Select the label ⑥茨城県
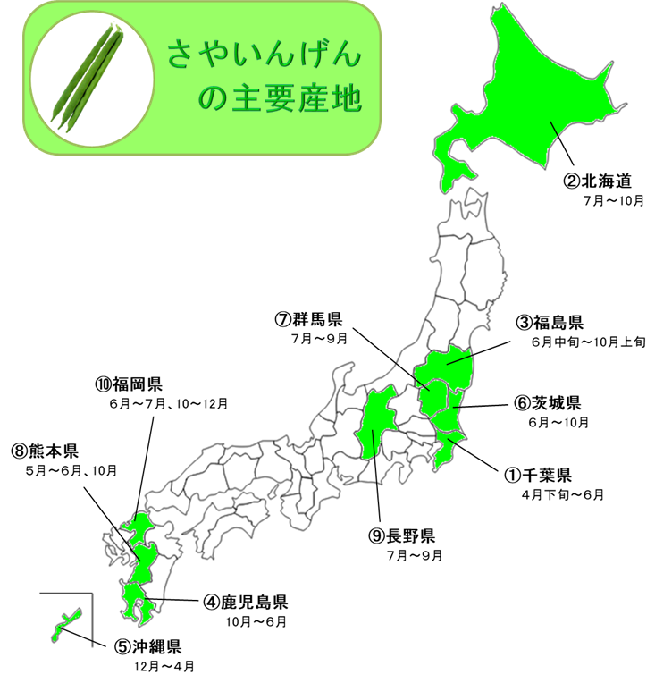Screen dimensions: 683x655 548,402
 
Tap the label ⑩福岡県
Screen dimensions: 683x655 129,385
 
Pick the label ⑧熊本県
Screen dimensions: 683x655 46,451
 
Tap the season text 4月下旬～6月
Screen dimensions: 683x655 562,494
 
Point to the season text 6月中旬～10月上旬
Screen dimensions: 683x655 582,341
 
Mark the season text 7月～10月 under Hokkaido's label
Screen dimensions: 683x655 612,200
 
